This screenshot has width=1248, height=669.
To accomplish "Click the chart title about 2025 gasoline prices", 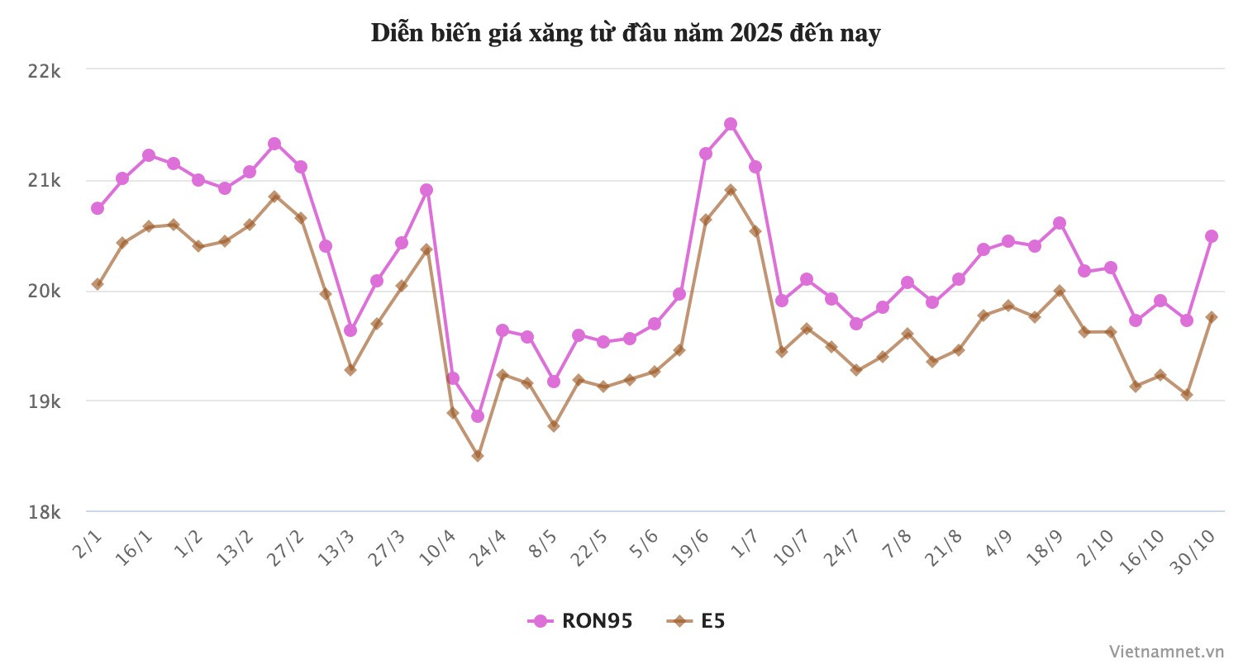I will [626, 34].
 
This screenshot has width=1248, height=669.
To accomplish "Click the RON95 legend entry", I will [580, 621].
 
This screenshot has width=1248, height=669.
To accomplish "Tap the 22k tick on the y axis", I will [44, 71].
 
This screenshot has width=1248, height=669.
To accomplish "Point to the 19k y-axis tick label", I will [44, 402].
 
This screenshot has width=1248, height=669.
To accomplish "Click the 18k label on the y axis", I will [44, 513].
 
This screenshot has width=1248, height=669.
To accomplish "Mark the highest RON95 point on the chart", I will [731, 124].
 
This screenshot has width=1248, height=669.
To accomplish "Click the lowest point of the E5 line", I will [478, 456].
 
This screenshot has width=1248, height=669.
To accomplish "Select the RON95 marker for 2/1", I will [98, 208].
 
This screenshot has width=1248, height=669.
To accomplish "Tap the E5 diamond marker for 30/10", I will [1212, 317].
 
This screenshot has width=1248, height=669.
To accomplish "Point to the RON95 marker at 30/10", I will [1212, 236].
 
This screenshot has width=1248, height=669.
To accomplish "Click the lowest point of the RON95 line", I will [478, 416].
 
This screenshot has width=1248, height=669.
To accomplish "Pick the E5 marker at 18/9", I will [1060, 291].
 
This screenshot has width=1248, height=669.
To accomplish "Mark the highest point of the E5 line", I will [731, 190].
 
